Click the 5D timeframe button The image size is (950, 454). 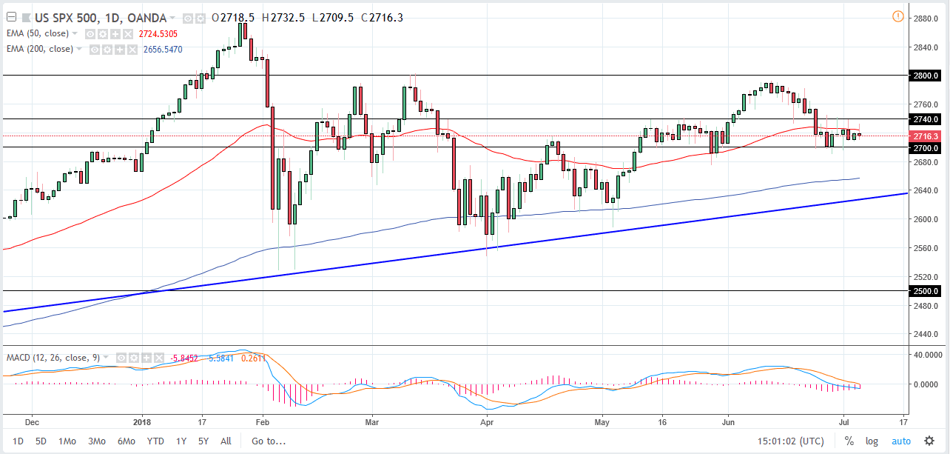(41, 441)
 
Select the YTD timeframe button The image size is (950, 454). (155, 441)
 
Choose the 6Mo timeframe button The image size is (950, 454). (126, 441)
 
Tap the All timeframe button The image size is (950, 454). (226, 441)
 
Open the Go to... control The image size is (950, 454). (267, 441)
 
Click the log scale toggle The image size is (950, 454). (872, 441)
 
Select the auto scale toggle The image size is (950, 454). (901, 441)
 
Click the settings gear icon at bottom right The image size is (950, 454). (929, 441)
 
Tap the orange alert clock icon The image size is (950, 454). (897, 16)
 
